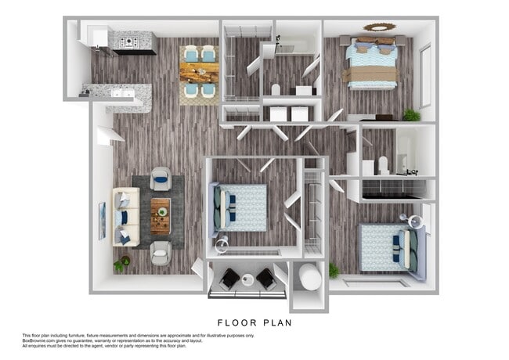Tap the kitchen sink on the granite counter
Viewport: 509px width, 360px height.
coord(121,93)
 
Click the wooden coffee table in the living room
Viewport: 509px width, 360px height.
coord(160,217)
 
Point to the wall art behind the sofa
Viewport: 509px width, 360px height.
coord(102,221)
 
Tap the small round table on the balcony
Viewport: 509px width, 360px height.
coord(247,280)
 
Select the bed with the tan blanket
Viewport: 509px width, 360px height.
coord(374,65)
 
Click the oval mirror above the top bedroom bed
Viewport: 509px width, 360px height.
coord(379,27)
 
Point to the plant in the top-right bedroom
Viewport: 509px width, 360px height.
coord(411,114)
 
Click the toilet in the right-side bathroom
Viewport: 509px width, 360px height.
coord(384,165)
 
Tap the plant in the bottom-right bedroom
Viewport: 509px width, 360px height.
coord(334,271)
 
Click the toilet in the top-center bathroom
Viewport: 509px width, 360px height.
coord(276,89)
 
